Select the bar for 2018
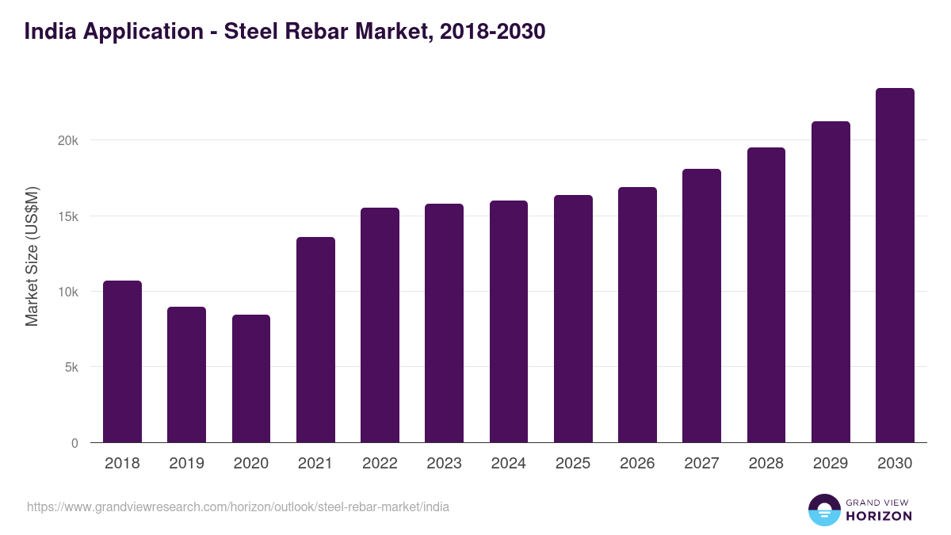(122, 361)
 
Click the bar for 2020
(251, 379)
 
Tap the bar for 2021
(315, 340)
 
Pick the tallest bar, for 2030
(895, 266)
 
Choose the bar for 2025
(573, 319)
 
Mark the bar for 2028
(766, 295)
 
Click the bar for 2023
(444, 323)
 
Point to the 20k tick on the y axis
(69, 140)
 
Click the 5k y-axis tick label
(71, 368)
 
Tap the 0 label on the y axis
(75, 443)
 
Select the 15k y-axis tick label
(69, 216)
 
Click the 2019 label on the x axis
(186, 464)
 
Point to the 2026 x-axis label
(637, 464)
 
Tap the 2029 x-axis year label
(831, 464)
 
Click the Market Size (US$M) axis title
(32, 255)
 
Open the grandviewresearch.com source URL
(238, 506)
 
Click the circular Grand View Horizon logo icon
(823, 510)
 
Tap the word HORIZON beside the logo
(879, 516)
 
